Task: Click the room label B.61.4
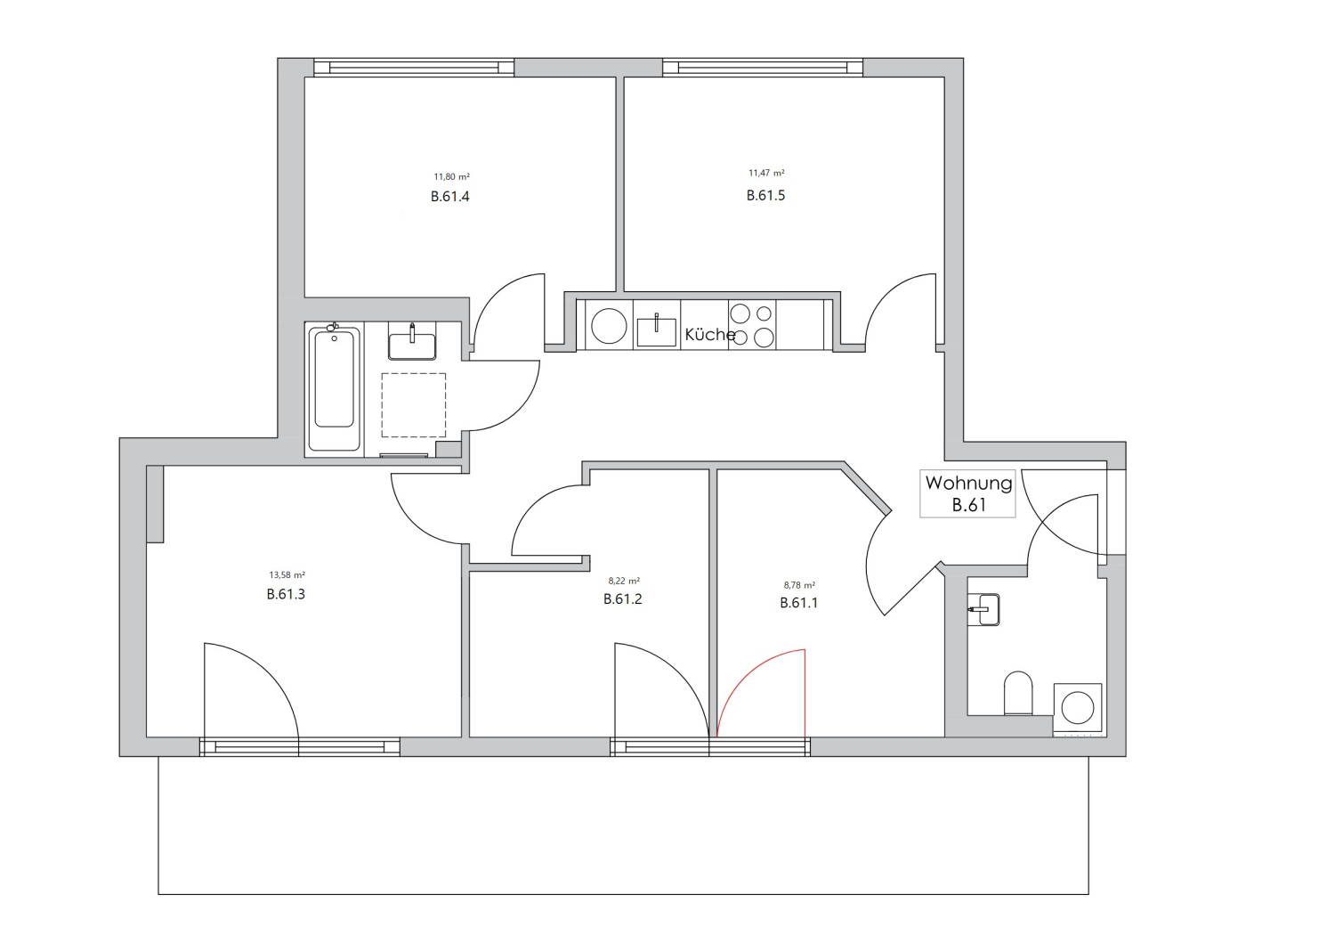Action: coord(449,197)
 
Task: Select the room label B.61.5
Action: coord(765,195)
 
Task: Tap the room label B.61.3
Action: coord(286,594)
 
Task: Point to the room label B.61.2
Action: coord(622,598)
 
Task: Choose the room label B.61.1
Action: coord(798,603)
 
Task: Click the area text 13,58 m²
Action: coord(287,575)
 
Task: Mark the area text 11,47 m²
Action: coord(765,174)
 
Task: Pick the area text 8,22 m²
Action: coord(623,581)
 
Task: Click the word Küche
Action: coord(709,335)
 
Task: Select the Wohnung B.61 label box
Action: coord(967,493)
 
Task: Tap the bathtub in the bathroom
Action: coord(335,389)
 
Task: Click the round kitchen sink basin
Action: coord(609,326)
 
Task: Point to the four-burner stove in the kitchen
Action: coord(752,325)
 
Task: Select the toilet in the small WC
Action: coord(1017,694)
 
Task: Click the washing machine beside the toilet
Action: coord(1078,709)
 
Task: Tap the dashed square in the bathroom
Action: coord(413,405)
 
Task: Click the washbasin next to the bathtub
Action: coord(412,344)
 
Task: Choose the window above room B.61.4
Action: coord(414,68)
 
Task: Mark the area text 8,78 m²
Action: coord(798,585)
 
